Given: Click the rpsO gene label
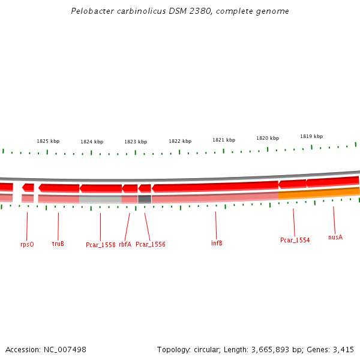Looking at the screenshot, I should pos(27,244).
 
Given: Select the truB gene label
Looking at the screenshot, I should pos(58,244).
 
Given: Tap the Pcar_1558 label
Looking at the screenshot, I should pos(100,245).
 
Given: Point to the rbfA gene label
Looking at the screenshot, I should pos(125,244).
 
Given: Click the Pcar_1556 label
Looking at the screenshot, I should pos(151,244).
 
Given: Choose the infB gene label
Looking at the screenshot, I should pos(217,243).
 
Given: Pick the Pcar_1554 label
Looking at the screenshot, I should pos(295,240).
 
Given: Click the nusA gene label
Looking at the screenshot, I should pos(335,237).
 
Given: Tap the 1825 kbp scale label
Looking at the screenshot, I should pos(48,141).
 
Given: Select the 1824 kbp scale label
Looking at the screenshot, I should pos(92,142).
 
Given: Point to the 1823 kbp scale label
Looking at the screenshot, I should pos(136,142).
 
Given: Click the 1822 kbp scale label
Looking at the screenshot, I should pos(180,141).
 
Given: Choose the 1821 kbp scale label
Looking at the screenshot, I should pos(223,140).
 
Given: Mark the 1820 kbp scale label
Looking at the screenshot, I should pos(268,138).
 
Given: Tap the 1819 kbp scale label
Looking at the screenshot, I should pos(311,136).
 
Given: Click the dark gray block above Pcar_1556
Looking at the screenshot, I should pos(145,199).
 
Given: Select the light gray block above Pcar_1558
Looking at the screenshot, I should pos(100,199).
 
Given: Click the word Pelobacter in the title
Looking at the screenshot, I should pos(90,11).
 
